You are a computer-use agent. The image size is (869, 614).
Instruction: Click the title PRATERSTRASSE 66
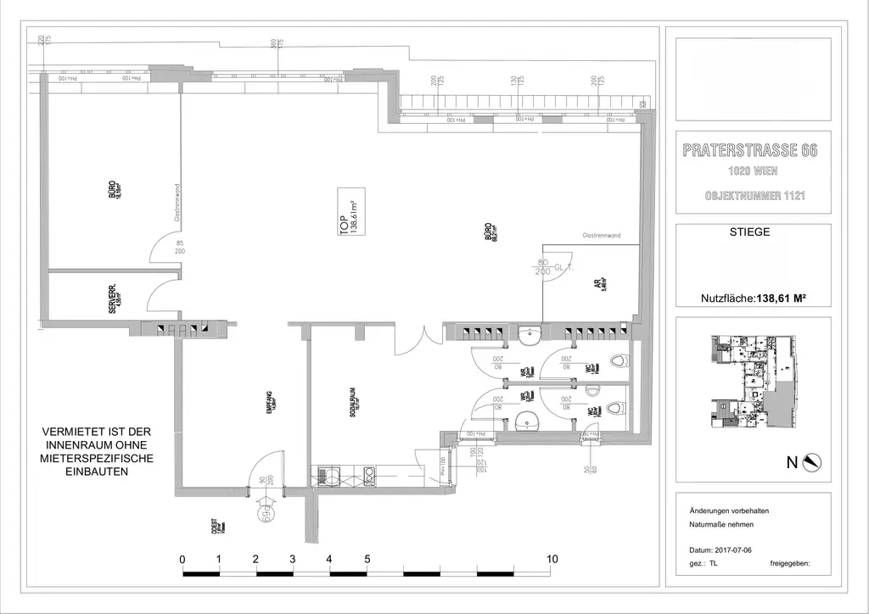pos(749,152)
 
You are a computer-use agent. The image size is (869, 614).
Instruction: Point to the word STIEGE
pos(749,232)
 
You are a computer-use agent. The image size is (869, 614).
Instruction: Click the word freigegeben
pos(790,562)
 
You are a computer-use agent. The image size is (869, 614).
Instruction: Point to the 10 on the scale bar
pos(552,560)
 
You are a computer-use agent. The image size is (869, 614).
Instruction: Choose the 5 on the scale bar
pos(367,560)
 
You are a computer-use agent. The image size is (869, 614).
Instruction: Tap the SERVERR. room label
pos(116,299)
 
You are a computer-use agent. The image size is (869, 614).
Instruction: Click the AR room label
pos(599,285)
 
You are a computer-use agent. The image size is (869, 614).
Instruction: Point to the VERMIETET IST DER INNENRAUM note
pos(98,451)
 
